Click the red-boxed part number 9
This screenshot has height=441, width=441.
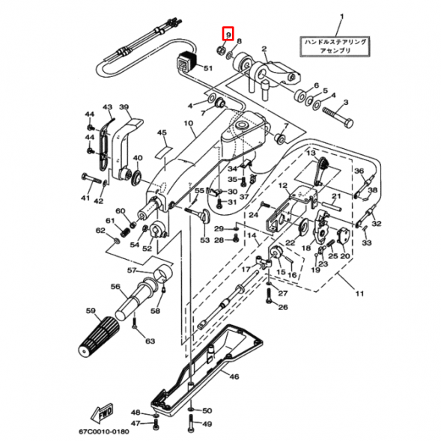tap(228, 34)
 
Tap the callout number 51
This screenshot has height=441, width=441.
tap(207, 69)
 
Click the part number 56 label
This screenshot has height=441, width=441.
tap(115, 287)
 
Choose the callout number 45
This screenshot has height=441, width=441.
tap(161, 133)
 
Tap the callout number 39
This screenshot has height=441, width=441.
tap(124, 108)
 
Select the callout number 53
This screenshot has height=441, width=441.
tap(204, 240)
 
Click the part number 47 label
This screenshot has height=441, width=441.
tap(135, 423)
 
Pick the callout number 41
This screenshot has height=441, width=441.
tap(85, 199)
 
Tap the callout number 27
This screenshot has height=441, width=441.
tap(282, 294)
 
